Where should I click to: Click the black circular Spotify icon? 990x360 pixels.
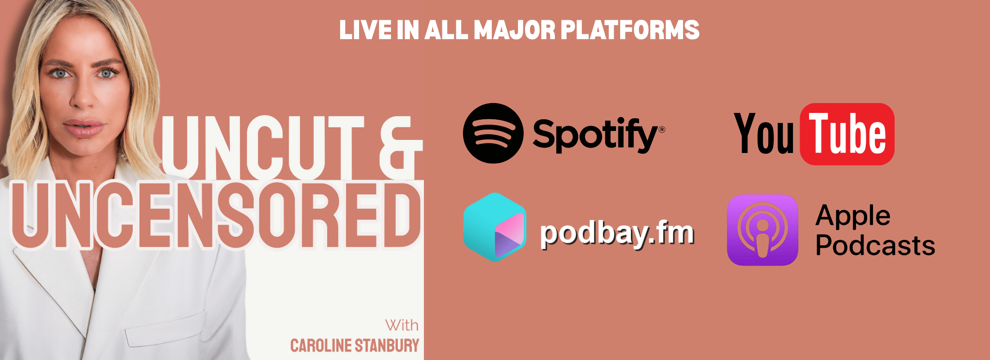[x=493, y=133]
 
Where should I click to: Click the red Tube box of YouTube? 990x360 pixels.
[x=847, y=134]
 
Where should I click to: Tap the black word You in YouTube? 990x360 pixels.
[x=764, y=134]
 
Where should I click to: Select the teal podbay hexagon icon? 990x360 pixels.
[x=495, y=227]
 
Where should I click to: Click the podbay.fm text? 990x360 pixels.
[x=617, y=234]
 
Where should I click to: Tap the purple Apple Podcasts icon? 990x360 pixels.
[x=763, y=230]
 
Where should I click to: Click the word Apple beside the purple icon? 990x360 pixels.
[x=853, y=216]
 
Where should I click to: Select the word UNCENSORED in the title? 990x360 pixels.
[x=216, y=215]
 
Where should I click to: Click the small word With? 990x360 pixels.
[x=401, y=325]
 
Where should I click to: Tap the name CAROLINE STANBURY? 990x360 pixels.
[x=355, y=346]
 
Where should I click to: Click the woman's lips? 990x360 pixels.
[x=84, y=128]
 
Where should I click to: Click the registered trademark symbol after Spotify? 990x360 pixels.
[x=661, y=130]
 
